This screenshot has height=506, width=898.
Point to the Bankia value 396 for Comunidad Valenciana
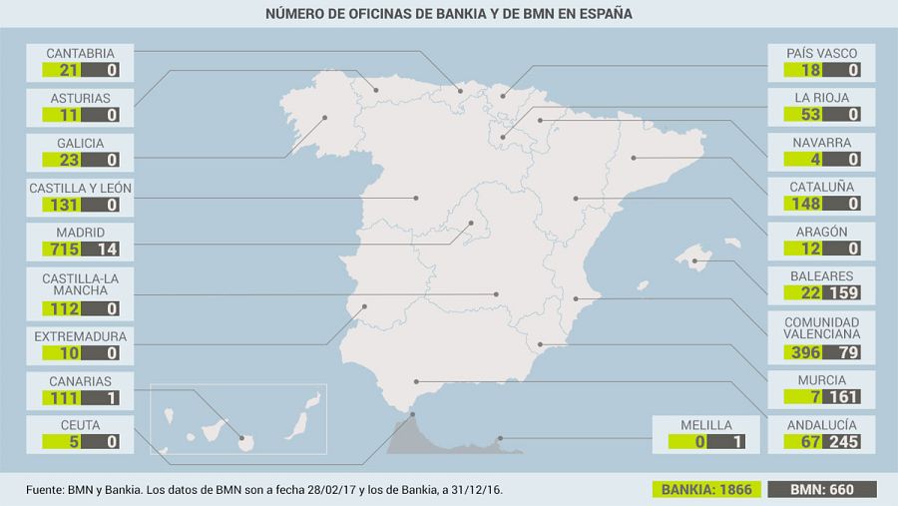click(802, 353)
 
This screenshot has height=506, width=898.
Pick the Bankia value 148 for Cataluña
click(802, 205)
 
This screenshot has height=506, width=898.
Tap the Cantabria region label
click(81, 53)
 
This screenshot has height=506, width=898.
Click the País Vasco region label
click(822, 53)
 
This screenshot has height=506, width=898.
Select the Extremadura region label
click(81, 336)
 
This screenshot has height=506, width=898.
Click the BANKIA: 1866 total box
click(709, 490)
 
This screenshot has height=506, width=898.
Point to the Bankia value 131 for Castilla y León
click(60, 205)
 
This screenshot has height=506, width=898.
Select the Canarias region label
click(81, 381)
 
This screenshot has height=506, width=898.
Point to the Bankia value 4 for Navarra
click(802, 160)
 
